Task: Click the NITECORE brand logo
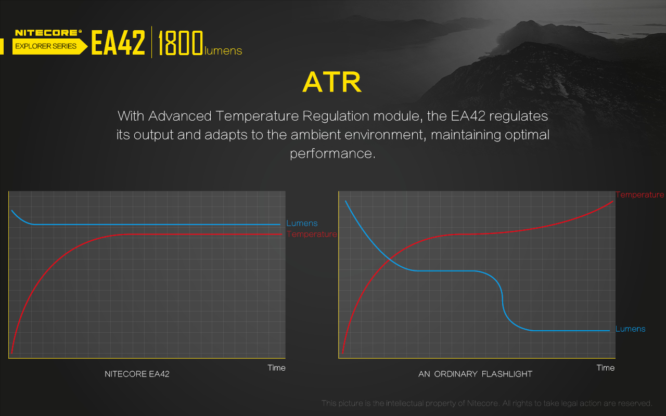pyautogui.click(x=48, y=33)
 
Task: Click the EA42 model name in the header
pyautogui.click(x=118, y=43)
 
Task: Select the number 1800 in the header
pyautogui.click(x=181, y=43)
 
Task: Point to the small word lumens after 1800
pyautogui.click(x=223, y=51)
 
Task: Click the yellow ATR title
pyautogui.click(x=332, y=82)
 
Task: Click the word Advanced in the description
pyautogui.click(x=180, y=116)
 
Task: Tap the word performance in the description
pyautogui.click(x=332, y=154)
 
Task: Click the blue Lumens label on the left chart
pyautogui.click(x=302, y=223)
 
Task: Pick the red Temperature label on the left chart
pyautogui.click(x=312, y=234)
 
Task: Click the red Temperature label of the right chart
pyautogui.click(x=640, y=195)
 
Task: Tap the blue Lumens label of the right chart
pyautogui.click(x=630, y=329)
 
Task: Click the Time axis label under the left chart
pyautogui.click(x=276, y=368)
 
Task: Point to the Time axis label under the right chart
pyautogui.click(x=606, y=368)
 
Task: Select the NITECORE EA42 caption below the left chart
pyautogui.click(x=137, y=374)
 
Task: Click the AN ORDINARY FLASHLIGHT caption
pyautogui.click(x=475, y=374)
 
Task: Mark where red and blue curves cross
pyautogui.click(x=390, y=259)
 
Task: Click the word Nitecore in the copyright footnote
pyautogui.click(x=483, y=403)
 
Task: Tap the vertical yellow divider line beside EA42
pyautogui.click(x=151, y=42)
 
